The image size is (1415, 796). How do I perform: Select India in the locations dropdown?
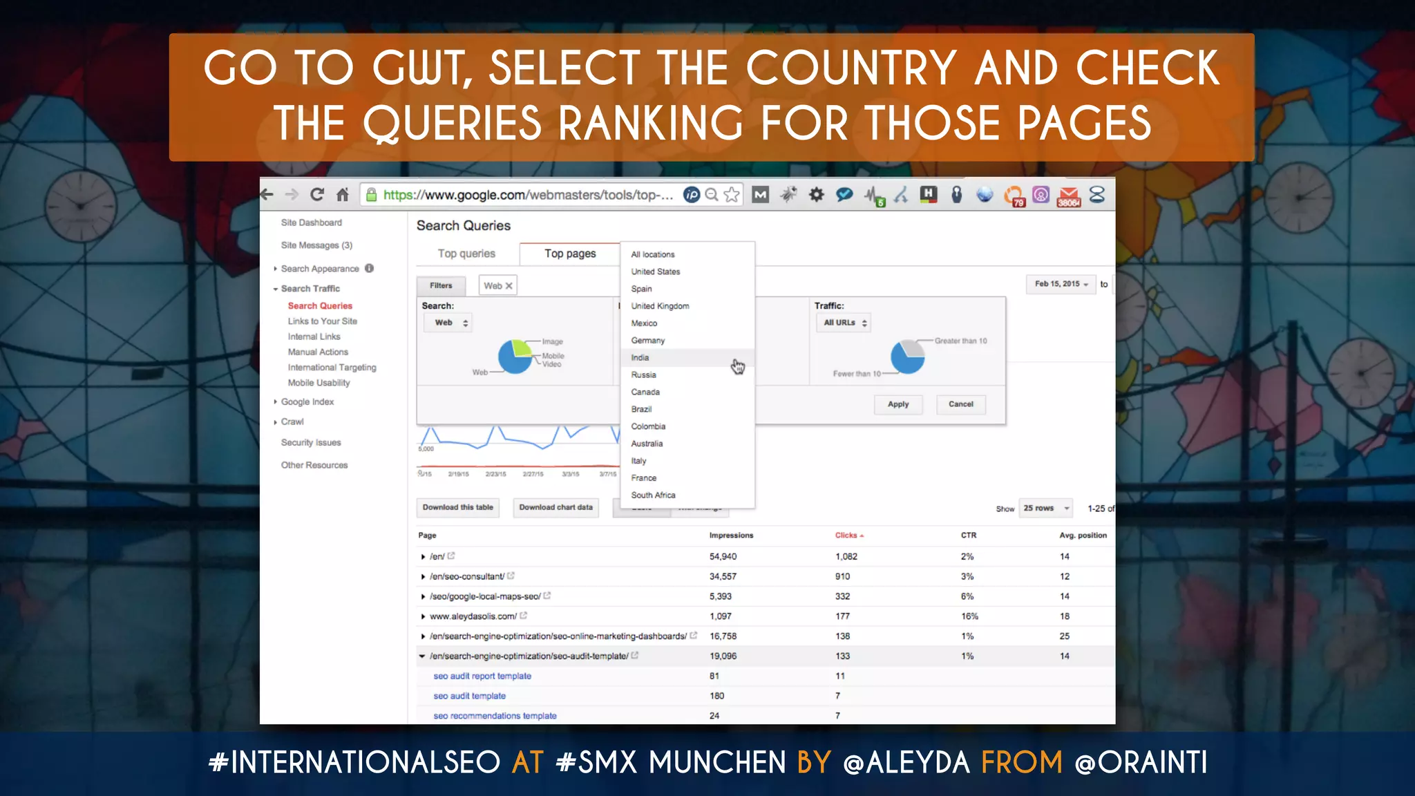click(x=640, y=358)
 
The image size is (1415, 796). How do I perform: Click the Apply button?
click(x=898, y=404)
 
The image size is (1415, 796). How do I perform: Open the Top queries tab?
click(x=466, y=254)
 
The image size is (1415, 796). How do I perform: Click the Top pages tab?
click(x=570, y=254)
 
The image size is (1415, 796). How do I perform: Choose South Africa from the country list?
click(x=653, y=495)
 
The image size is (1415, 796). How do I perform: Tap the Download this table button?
click(x=458, y=507)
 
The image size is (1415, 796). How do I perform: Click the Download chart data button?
click(x=555, y=507)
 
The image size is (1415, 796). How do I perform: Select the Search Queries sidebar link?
click(x=320, y=305)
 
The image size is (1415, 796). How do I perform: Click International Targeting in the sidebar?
click(x=332, y=368)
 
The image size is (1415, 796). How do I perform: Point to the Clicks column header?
click(x=846, y=536)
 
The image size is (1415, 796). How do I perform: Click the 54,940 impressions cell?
click(x=723, y=556)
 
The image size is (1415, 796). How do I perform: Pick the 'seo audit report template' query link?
click(x=482, y=676)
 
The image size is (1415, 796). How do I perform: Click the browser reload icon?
click(x=317, y=195)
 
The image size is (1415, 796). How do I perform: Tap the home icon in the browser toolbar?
click(x=343, y=195)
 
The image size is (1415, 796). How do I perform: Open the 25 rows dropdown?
click(x=1046, y=508)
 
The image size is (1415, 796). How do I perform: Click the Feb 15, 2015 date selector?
click(x=1061, y=284)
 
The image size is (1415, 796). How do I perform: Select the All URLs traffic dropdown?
click(x=845, y=323)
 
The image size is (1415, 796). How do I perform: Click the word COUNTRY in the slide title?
click(x=851, y=68)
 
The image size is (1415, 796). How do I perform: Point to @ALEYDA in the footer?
click(x=906, y=763)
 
